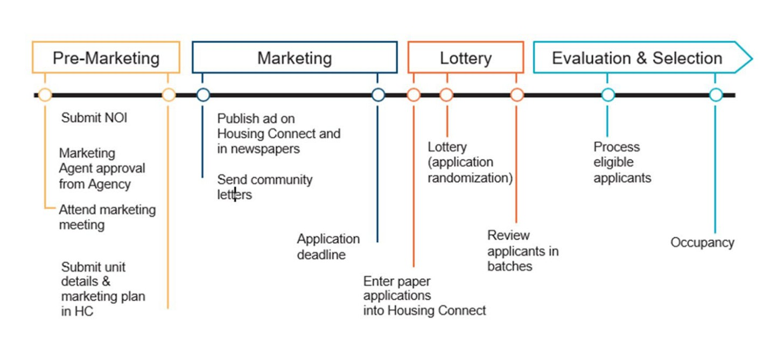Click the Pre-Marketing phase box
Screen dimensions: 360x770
pos(106,58)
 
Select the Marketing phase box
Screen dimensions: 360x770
pos(295,58)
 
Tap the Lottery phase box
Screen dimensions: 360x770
pos(465,58)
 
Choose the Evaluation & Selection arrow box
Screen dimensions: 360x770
pos(637,58)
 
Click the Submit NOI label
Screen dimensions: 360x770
pos(94,118)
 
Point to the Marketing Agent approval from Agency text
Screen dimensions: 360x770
pos(102,168)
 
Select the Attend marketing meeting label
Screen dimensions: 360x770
pos(107,217)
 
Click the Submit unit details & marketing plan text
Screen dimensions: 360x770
pos(103,289)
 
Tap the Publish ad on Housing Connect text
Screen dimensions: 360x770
pos(278,133)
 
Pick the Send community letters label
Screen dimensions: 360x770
pos(264,187)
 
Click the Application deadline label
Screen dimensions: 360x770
pos(328,246)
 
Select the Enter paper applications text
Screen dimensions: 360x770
pos(424,296)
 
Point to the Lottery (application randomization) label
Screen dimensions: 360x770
pos(470,163)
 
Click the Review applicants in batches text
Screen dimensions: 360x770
pos(522,251)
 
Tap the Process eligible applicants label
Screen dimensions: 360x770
pos(622,163)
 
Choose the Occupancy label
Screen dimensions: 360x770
pos(702,243)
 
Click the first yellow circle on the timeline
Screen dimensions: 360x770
pos(45,95)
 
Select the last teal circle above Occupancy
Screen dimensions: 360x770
pos(715,95)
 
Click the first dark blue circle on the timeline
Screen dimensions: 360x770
pos(203,95)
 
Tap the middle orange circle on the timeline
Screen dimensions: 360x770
pos(446,95)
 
